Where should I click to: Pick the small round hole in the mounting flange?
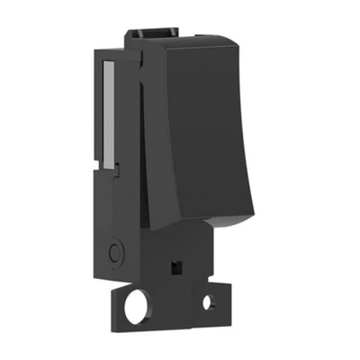tap(208, 303)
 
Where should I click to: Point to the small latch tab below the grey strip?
tap(117, 167)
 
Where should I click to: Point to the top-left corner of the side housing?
tap(96, 49)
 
